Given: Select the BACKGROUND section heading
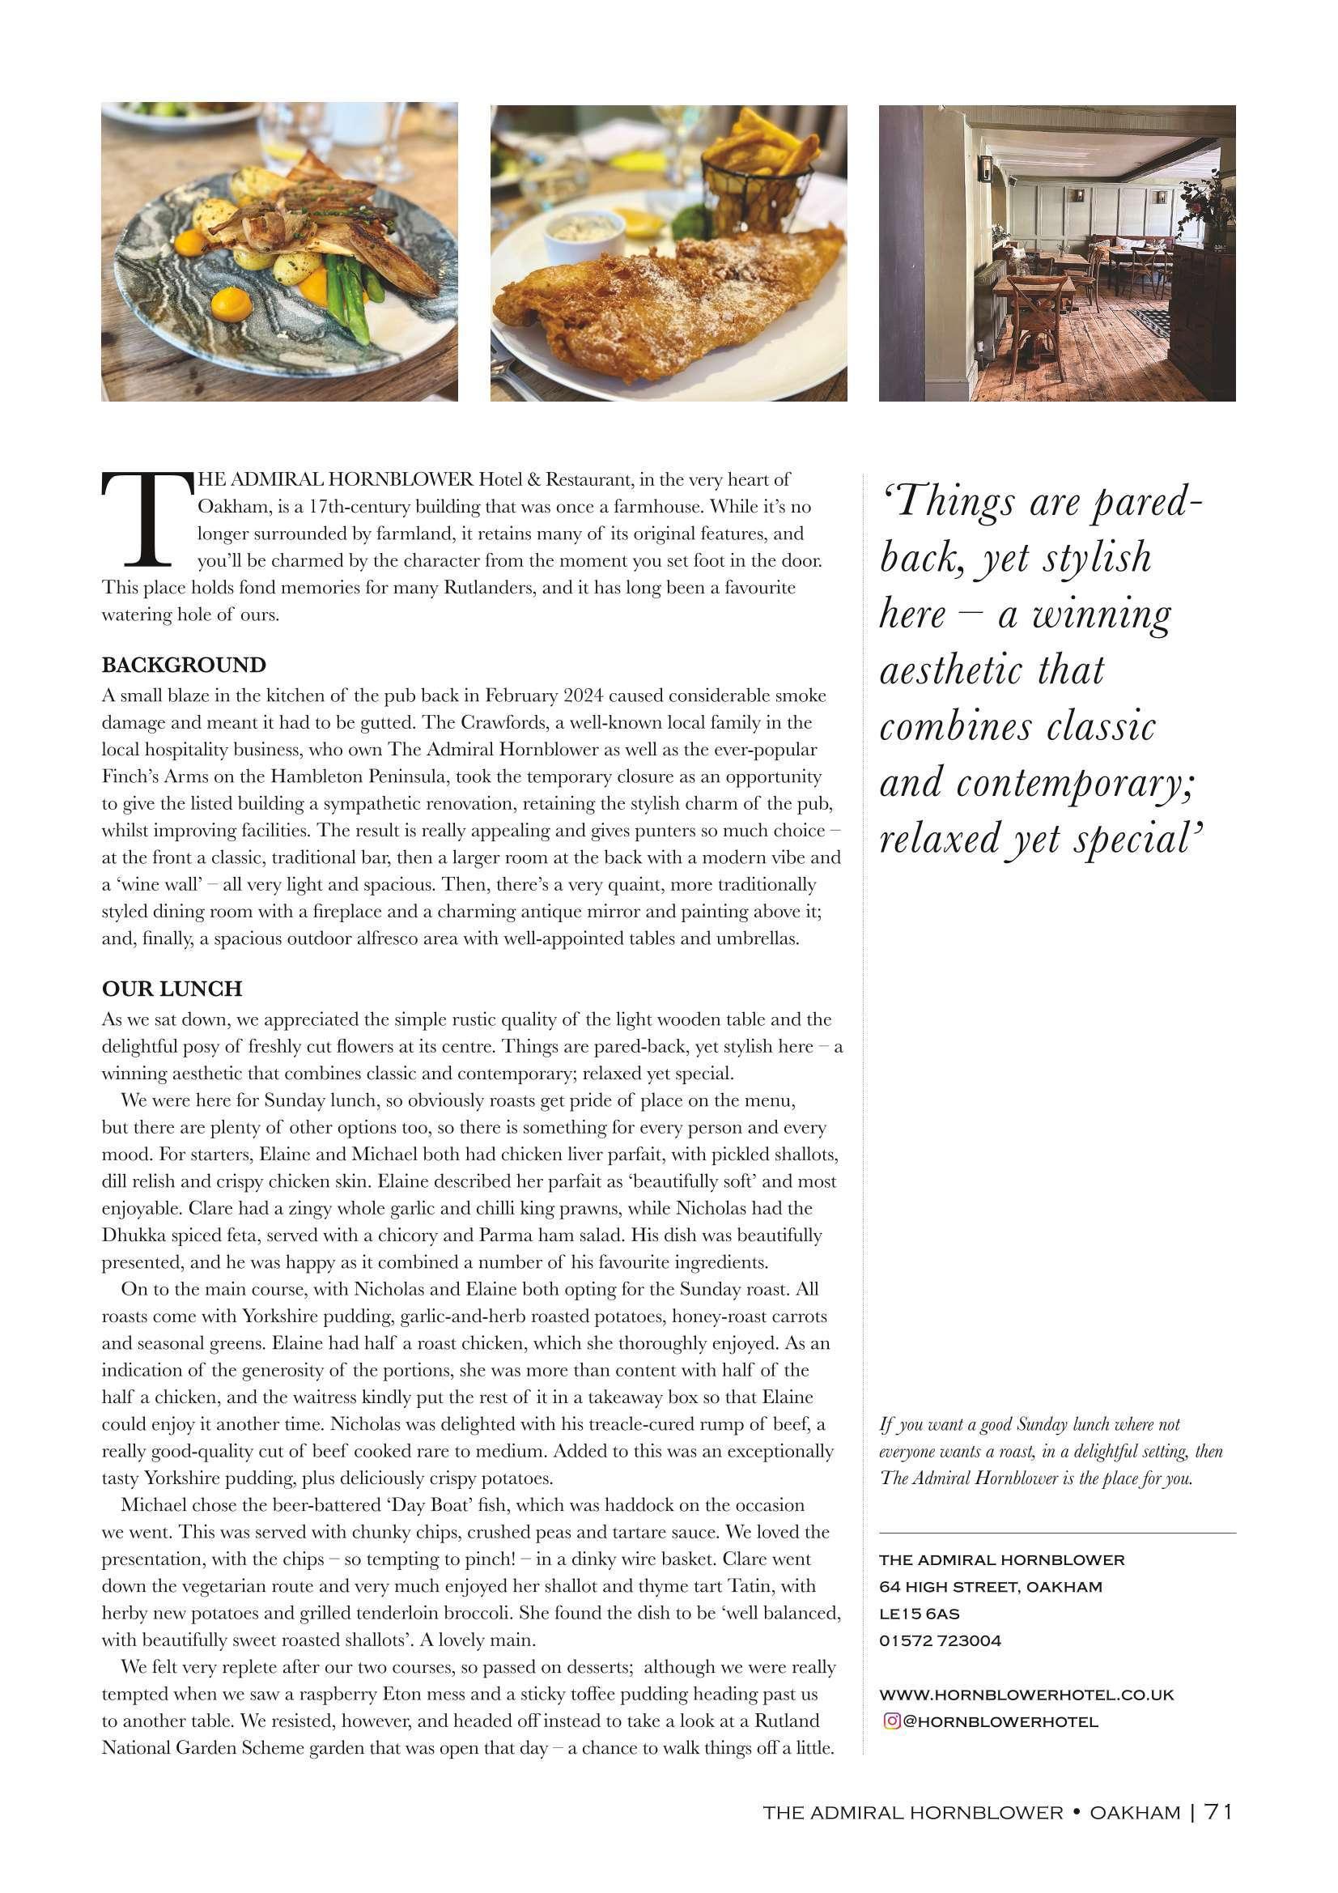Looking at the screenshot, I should pyautogui.click(x=184, y=666).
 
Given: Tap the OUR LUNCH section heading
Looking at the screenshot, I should pyautogui.click(x=172, y=989).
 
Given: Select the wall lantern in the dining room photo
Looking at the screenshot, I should pyautogui.click(x=986, y=169).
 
